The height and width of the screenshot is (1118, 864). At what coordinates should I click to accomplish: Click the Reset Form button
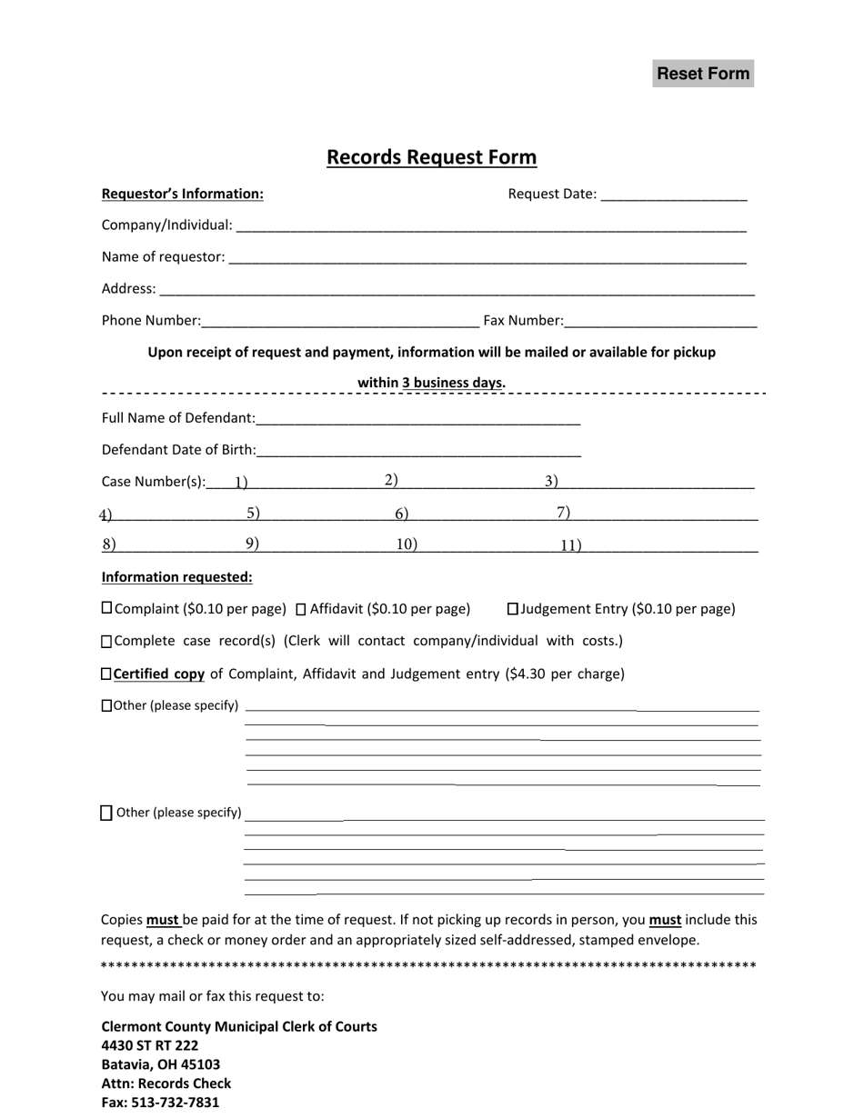(703, 74)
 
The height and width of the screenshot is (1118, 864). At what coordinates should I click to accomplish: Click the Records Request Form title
(431, 157)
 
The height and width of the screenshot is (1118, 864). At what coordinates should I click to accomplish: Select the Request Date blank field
(674, 194)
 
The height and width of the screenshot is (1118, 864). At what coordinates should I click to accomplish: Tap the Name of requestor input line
(487, 257)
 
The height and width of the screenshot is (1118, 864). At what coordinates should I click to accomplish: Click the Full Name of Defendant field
(418, 418)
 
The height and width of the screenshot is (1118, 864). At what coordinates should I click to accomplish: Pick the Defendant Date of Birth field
(419, 450)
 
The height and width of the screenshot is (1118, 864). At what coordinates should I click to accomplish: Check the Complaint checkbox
(106, 608)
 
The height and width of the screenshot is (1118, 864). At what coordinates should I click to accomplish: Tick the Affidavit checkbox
(302, 609)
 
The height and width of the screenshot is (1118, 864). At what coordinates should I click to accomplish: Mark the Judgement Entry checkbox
(512, 608)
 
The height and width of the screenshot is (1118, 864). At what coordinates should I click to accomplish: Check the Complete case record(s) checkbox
(106, 642)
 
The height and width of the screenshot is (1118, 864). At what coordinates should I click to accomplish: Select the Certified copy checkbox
(106, 674)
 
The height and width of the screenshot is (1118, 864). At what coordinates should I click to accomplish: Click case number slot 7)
(655, 514)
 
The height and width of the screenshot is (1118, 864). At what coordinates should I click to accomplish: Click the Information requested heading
(177, 577)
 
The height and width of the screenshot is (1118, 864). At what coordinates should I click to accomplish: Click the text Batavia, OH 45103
(161, 1064)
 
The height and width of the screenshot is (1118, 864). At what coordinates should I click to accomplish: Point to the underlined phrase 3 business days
(453, 383)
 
